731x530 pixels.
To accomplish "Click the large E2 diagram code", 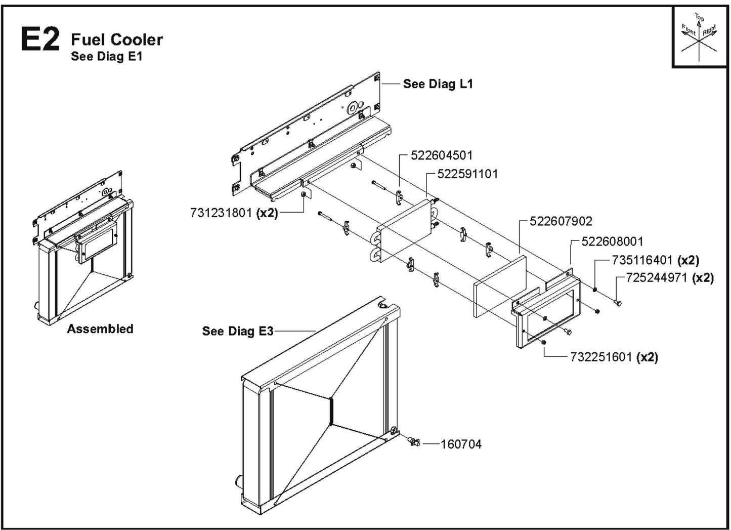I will [40, 39].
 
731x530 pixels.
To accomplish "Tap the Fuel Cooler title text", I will [117, 39].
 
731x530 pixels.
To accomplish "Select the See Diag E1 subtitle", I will [107, 56].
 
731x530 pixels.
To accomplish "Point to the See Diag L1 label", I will [438, 84].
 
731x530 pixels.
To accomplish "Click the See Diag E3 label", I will [237, 331].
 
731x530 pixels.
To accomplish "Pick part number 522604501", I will [442, 155].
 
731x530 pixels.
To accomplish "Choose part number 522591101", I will [467, 174].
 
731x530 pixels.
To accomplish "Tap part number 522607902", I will [561, 221].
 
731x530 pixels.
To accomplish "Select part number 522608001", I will [612, 241].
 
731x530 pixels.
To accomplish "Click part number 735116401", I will [642, 260].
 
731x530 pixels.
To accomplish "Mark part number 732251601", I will [601, 357].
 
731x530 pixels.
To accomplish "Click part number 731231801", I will [221, 213].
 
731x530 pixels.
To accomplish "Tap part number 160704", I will [461, 444].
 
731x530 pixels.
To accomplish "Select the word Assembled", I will [100, 329].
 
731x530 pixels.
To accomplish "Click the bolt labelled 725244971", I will [617, 302].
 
